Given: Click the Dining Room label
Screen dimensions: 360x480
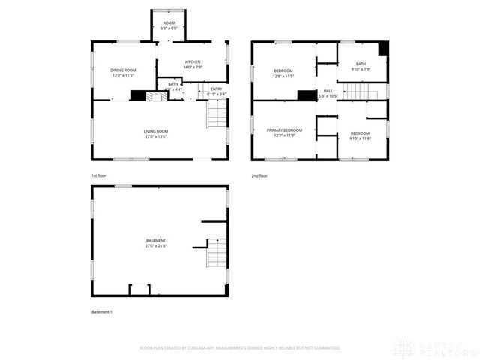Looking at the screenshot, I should (x=124, y=73).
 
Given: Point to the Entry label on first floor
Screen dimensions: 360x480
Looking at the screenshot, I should (x=216, y=91).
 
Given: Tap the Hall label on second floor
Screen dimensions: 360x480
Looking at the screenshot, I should (x=328, y=93).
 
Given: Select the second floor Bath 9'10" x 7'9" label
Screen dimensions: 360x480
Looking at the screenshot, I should (x=361, y=67).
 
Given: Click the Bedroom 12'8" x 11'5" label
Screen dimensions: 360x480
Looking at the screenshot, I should (x=283, y=73).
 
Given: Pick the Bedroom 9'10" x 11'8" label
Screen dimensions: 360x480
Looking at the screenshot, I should (x=360, y=136).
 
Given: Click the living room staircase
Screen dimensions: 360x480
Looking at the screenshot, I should (x=216, y=113).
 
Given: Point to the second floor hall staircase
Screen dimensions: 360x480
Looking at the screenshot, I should (x=358, y=91).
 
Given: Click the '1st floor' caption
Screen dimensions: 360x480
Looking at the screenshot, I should (x=99, y=175).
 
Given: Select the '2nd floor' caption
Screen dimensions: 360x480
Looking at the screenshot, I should (x=259, y=175).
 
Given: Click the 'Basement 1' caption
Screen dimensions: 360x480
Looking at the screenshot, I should (x=101, y=311).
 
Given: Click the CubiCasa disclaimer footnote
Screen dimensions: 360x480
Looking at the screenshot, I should (x=240, y=348).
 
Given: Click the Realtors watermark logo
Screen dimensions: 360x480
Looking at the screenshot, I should (x=439, y=347).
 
